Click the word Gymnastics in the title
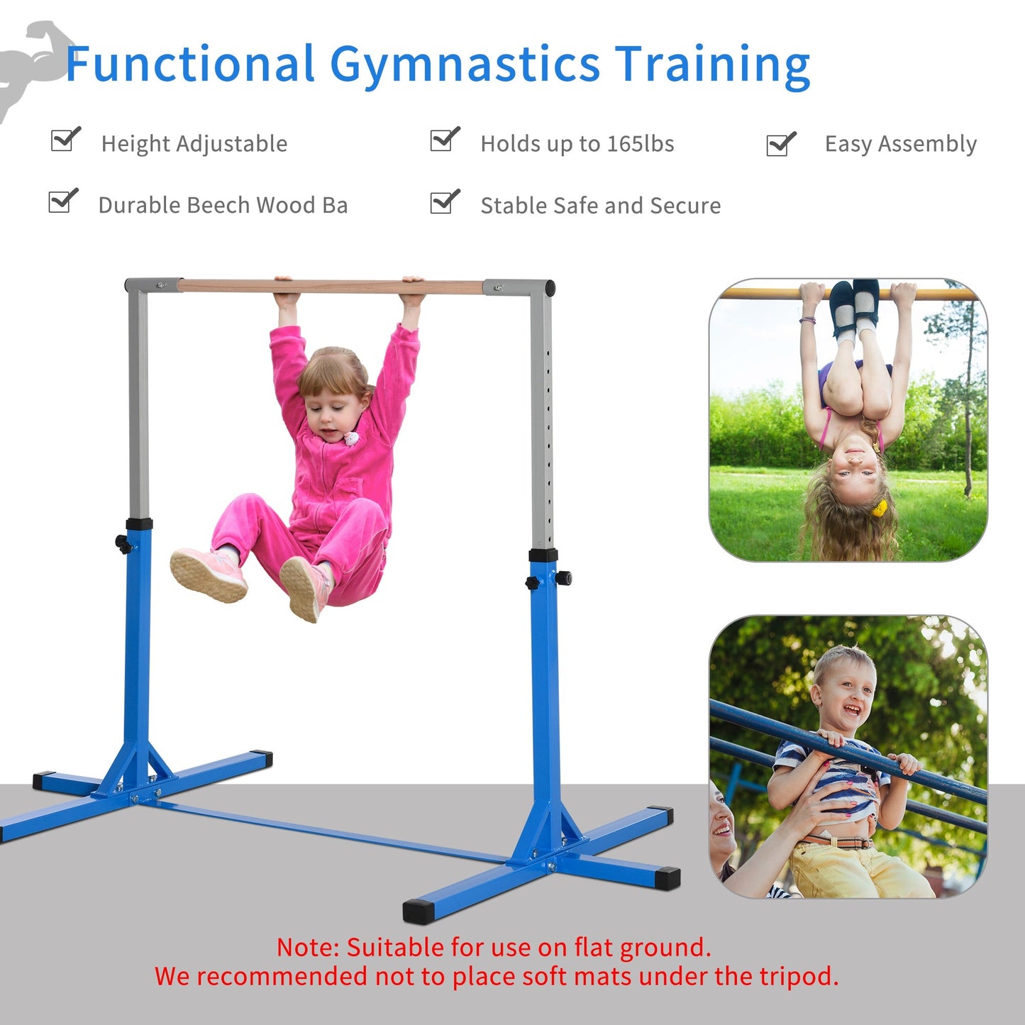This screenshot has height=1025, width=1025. [x=465, y=65]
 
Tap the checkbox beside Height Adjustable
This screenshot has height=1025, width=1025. [x=65, y=140]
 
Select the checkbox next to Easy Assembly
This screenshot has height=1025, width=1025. [x=781, y=144]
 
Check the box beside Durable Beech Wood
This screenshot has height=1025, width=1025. [x=63, y=201]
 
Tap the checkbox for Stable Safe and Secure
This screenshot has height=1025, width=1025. [x=445, y=202]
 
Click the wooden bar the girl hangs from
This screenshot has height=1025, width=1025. [x=333, y=286]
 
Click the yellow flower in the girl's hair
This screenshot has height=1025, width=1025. [x=880, y=508]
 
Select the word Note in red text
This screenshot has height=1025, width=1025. [x=309, y=947]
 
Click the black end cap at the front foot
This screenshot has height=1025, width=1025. [x=418, y=911]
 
